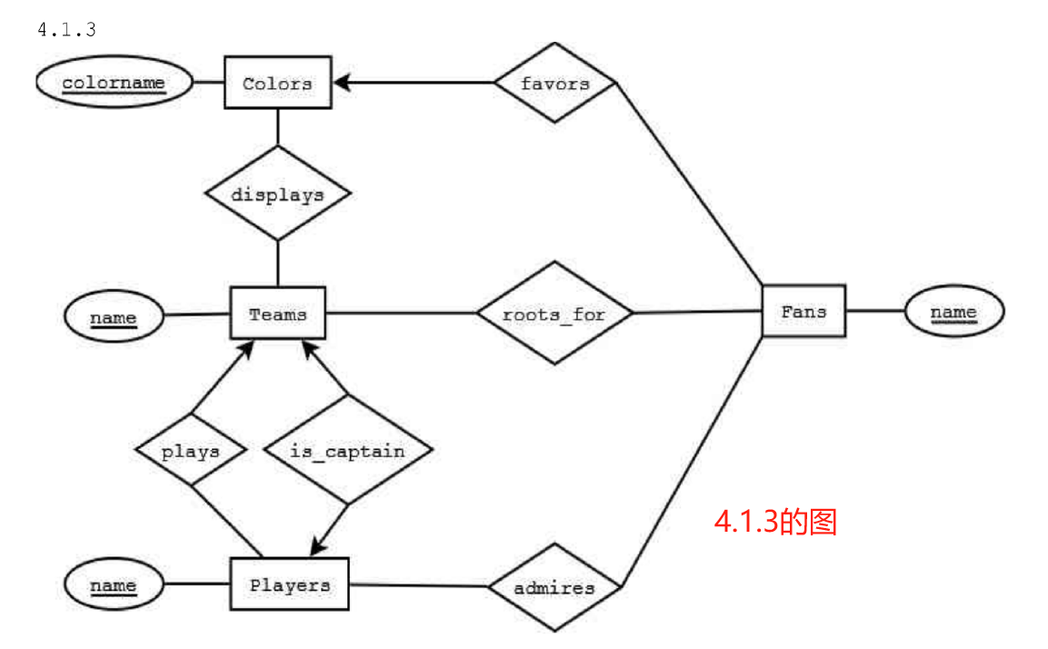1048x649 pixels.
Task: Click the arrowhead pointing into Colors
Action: [342, 82]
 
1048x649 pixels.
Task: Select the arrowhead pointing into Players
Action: [318, 545]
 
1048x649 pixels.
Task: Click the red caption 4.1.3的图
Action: [775, 522]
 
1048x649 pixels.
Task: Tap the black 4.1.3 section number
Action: [67, 30]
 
